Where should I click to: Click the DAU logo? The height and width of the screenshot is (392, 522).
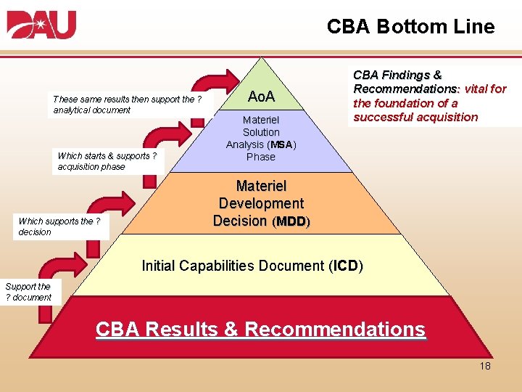click(41, 25)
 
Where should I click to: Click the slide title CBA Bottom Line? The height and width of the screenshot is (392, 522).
click(410, 27)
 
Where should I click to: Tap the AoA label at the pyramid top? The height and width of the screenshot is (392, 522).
click(261, 97)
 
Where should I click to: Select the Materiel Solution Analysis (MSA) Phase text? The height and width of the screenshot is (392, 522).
click(260, 138)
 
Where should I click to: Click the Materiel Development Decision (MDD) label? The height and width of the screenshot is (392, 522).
click(261, 204)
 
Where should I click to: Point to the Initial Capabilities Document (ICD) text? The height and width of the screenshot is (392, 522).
click(252, 266)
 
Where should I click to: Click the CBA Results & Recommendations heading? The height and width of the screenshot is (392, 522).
click(260, 329)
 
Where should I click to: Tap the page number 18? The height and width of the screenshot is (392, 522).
click(484, 366)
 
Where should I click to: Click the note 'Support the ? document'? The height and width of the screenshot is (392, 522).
click(28, 292)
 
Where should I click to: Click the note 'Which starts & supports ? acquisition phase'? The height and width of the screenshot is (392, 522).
click(107, 161)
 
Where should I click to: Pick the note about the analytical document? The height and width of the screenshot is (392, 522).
click(127, 105)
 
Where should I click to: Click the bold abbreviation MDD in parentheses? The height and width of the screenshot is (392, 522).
click(291, 221)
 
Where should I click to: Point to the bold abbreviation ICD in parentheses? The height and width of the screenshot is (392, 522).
click(345, 266)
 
